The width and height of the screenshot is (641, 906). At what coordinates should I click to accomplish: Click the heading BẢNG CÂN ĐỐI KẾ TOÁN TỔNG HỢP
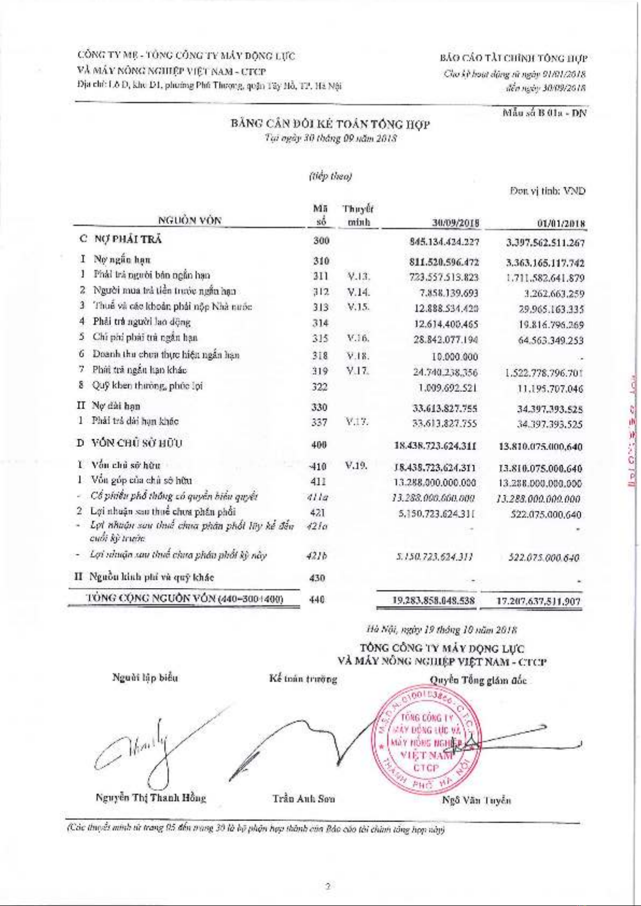click(330, 124)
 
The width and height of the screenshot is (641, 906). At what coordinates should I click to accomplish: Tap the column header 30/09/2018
click(455, 223)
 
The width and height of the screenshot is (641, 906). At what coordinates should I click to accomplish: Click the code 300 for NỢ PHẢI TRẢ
click(321, 240)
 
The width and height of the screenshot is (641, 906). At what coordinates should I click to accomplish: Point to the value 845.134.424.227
click(444, 242)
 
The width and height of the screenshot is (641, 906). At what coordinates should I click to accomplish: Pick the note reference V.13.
click(358, 277)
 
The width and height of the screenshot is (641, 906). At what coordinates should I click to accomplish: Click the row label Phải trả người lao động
click(141, 322)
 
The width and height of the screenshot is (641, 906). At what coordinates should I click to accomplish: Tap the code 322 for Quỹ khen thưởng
click(320, 387)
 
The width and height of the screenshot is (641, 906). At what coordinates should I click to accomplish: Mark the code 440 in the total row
click(318, 600)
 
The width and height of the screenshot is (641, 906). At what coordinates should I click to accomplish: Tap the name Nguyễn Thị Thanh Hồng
click(151, 797)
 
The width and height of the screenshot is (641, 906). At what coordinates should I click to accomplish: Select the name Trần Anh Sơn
click(304, 798)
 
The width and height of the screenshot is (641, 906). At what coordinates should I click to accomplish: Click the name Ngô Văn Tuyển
click(476, 801)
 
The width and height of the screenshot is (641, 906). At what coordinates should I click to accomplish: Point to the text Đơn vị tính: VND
click(547, 191)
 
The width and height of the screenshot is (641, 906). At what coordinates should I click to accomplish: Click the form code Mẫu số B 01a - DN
click(544, 113)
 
